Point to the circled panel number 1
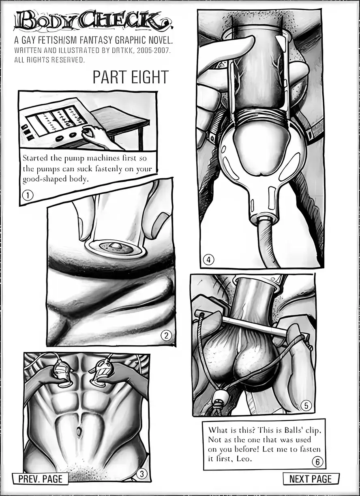point(28,195)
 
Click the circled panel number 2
point(166,336)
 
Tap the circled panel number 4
point(209,260)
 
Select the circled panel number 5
point(306,406)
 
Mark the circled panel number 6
point(317,462)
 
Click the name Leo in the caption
point(244,459)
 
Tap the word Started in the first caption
point(35,158)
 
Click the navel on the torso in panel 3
point(79,431)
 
